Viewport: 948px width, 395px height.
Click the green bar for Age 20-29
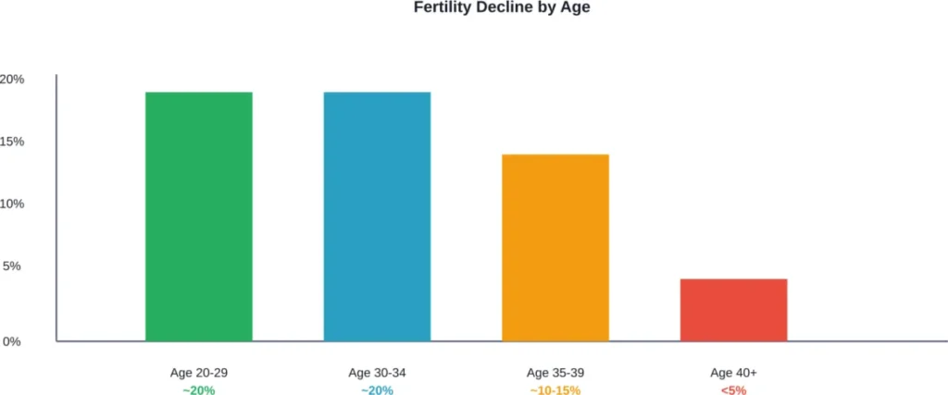point(198,216)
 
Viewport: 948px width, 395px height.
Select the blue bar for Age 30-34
point(377,216)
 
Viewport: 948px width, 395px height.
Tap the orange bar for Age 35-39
point(555,247)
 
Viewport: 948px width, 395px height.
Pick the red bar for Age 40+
point(733,310)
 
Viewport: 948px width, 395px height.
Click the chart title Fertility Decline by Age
point(474,8)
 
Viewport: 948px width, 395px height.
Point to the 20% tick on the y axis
point(12,80)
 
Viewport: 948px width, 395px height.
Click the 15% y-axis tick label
point(12,142)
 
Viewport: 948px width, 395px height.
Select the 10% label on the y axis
point(12,204)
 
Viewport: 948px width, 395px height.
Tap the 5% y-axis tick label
point(11,266)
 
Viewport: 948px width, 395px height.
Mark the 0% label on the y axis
point(11,341)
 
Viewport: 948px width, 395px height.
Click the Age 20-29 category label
point(198,373)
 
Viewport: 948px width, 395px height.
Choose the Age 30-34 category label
point(377,373)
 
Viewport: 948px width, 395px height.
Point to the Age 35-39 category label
point(555,373)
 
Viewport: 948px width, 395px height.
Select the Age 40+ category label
point(733,373)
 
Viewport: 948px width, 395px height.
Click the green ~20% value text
point(198,390)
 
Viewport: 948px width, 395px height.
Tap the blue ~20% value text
point(377,390)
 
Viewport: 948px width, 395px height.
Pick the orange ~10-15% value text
point(555,390)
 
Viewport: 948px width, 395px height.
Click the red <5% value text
point(733,390)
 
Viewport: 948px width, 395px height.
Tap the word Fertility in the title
point(438,8)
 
